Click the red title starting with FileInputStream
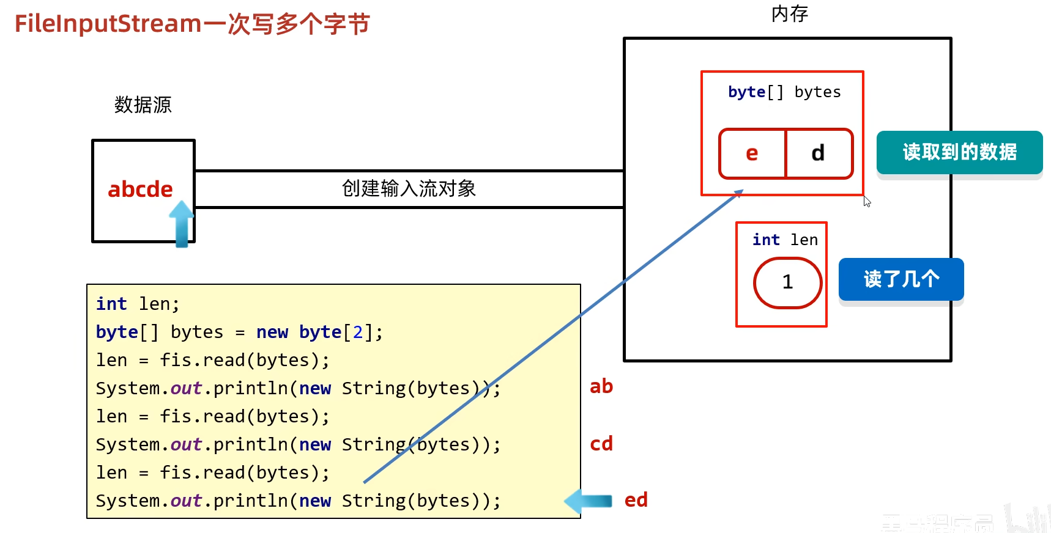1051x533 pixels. coord(192,24)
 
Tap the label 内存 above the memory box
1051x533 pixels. coord(789,13)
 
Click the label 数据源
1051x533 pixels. coord(143,105)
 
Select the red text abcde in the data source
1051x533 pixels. coord(140,189)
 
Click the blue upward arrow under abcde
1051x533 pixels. coord(182,224)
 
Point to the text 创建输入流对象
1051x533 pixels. coord(409,188)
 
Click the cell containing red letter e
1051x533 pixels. coord(752,153)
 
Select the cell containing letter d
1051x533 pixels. coord(818,153)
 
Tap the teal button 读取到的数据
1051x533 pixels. coord(959,152)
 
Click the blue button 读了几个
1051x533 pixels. coord(901,279)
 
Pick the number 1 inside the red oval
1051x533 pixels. coord(787,282)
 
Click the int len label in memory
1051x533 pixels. coord(785,240)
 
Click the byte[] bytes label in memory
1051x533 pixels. coord(784,92)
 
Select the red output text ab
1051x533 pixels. coord(601,386)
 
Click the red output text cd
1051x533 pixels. coord(601,444)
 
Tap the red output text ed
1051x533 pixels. coord(636,500)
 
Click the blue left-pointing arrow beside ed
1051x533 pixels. coord(588,501)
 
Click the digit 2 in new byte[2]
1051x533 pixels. coord(358,332)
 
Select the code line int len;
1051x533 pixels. coord(138,304)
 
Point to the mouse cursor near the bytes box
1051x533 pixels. coord(866,201)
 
